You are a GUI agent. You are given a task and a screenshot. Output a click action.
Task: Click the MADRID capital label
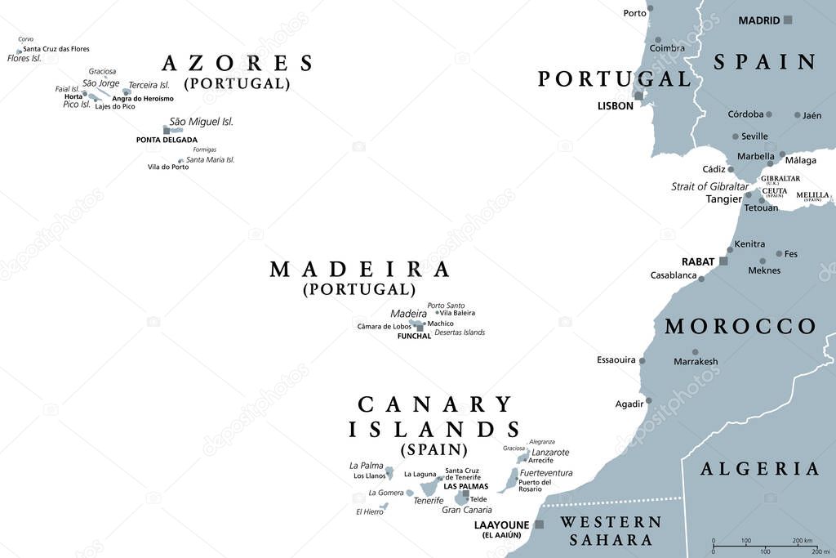tap(758, 20)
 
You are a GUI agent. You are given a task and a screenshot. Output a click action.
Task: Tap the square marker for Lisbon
tap(639, 96)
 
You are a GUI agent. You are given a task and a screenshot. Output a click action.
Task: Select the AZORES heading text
tap(238, 64)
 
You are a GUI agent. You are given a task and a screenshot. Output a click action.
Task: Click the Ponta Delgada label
tap(167, 140)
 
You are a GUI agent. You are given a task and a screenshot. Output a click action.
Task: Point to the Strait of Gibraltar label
tap(709, 186)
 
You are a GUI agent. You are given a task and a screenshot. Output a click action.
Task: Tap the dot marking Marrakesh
tap(696, 352)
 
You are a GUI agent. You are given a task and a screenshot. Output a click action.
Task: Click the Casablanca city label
tap(674, 275)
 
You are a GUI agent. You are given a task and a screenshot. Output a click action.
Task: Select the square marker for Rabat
tap(723, 261)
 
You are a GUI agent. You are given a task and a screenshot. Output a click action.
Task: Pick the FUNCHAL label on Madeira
tap(414, 336)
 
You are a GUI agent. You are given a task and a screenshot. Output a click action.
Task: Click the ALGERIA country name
tap(759, 469)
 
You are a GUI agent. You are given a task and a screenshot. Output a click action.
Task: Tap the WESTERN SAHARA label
tap(611, 530)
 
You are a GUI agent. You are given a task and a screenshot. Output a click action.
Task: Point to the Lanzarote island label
tap(550, 452)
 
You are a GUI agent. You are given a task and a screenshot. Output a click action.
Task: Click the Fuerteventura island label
tap(546, 472)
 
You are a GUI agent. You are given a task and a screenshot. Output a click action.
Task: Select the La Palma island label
tap(366, 466)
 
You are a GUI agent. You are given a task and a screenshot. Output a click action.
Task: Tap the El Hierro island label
tap(369, 512)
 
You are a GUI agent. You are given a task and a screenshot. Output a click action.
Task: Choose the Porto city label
tap(634, 13)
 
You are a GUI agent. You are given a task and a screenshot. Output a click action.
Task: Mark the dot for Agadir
tap(649, 400)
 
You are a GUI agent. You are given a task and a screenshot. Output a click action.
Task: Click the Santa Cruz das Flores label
tap(56, 49)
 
